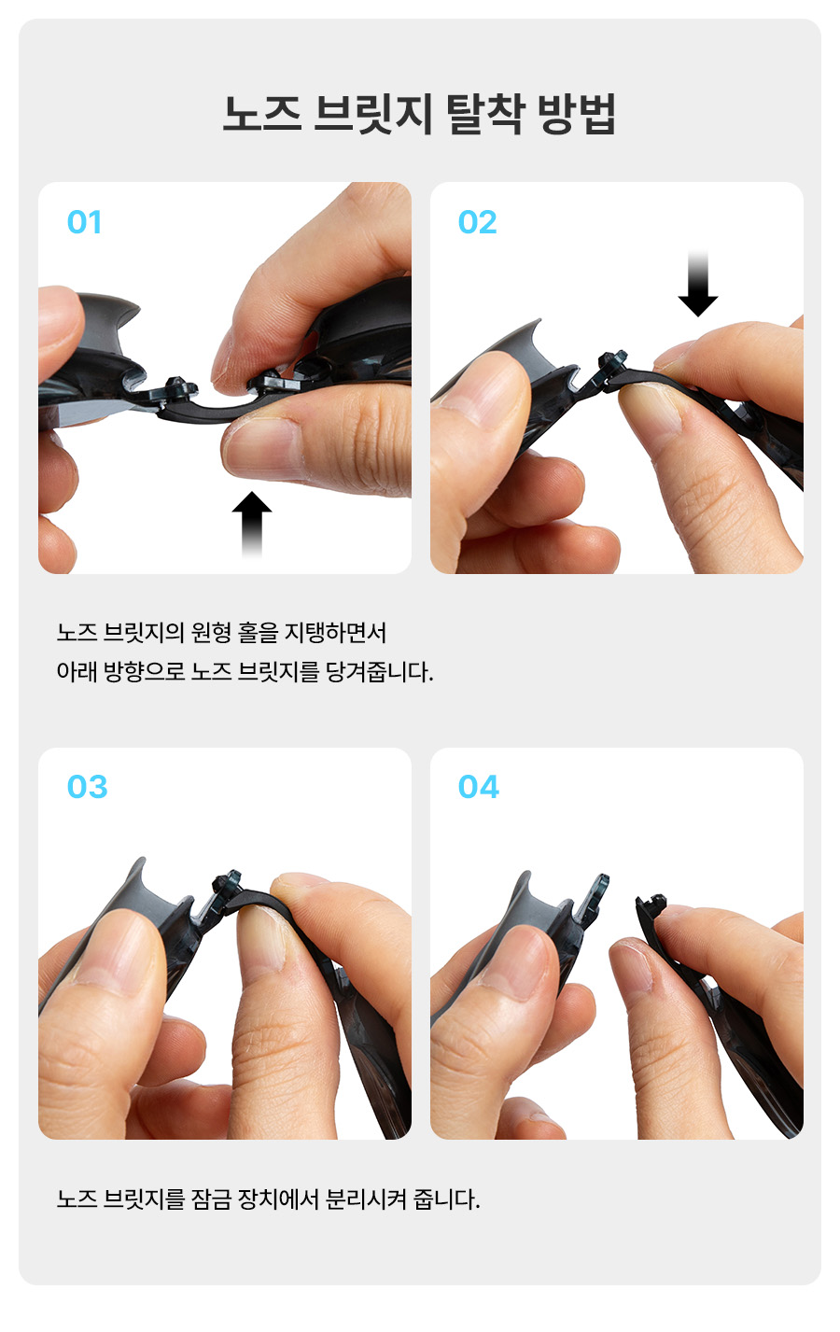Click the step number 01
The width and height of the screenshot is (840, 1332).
[x=84, y=222]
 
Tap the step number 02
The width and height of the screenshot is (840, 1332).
[x=477, y=222]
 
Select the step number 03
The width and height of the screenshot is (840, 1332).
[x=88, y=787]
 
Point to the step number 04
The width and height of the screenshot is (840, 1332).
[x=479, y=787]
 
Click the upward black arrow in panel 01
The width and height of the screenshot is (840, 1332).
[x=252, y=524]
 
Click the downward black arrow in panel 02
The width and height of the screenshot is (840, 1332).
[x=698, y=284]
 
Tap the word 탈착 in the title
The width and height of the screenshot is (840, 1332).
[x=485, y=114]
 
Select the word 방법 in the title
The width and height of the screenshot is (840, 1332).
[x=576, y=114]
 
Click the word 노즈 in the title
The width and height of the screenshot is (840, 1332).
[x=262, y=114]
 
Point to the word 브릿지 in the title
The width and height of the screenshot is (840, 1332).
[x=373, y=114]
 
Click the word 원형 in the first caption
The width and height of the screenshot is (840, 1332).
[x=211, y=632]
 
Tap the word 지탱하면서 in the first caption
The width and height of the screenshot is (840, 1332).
[x=335, y=632]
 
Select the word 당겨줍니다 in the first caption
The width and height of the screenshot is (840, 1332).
[x=379, y=672]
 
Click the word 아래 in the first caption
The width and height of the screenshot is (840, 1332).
[x=77, y=672]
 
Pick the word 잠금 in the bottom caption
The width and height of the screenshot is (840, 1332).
[x=211, y=1199]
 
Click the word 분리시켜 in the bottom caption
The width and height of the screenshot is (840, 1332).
[x=366, y=1199]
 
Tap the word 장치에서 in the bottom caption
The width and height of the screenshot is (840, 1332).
[x=278, y=1199]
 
